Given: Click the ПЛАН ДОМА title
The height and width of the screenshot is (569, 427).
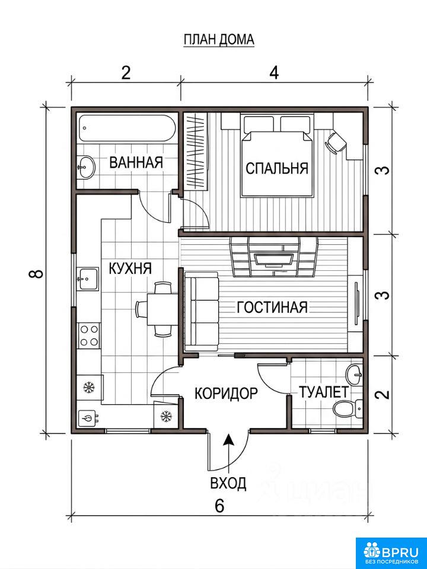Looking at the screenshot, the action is click(219, 40).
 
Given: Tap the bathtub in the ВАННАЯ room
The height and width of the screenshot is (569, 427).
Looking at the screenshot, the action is click(128, 129).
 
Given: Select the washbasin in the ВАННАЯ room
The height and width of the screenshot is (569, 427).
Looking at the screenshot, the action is click(86, 167).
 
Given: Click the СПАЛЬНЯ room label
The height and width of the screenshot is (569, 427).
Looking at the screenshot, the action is click(277, 168).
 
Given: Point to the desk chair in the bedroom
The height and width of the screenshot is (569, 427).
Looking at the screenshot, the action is click(337, 141).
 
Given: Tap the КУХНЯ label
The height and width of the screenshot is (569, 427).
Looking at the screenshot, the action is click(130, 268).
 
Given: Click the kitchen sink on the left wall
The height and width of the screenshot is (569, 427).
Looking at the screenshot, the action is click(88, 279).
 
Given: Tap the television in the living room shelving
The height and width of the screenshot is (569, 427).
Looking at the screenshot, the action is click(274, 259).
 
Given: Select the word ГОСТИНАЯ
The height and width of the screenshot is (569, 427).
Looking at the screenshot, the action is click(272, 308).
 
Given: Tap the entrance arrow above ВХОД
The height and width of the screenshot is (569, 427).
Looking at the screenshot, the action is click(228, 453).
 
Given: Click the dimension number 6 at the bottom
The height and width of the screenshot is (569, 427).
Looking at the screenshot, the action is click(219, 506).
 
